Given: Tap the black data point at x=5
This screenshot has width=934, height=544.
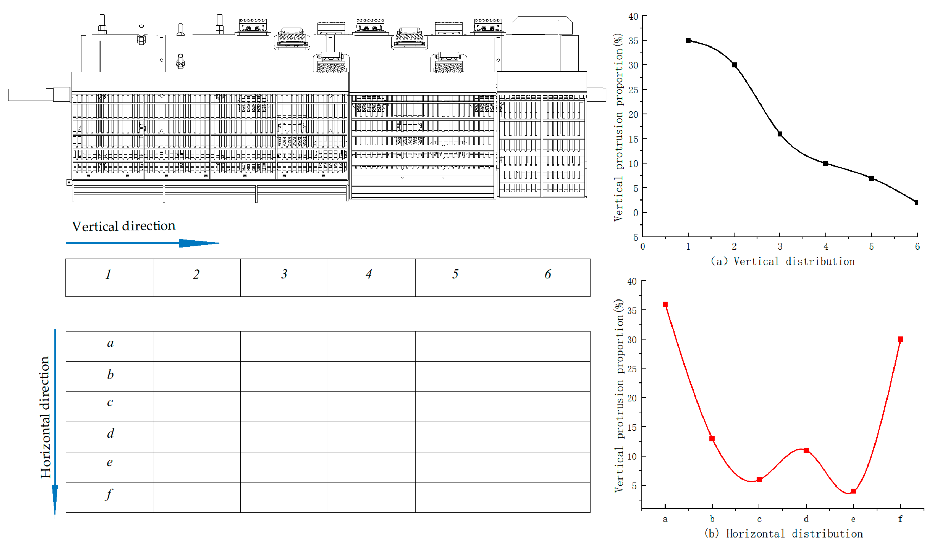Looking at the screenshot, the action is click(871, 178).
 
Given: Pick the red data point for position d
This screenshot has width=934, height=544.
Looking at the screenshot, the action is click(806, 450).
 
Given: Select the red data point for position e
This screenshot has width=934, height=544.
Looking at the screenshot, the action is click(853, 491).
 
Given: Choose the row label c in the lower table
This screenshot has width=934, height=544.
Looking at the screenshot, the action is click(110, 403).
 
